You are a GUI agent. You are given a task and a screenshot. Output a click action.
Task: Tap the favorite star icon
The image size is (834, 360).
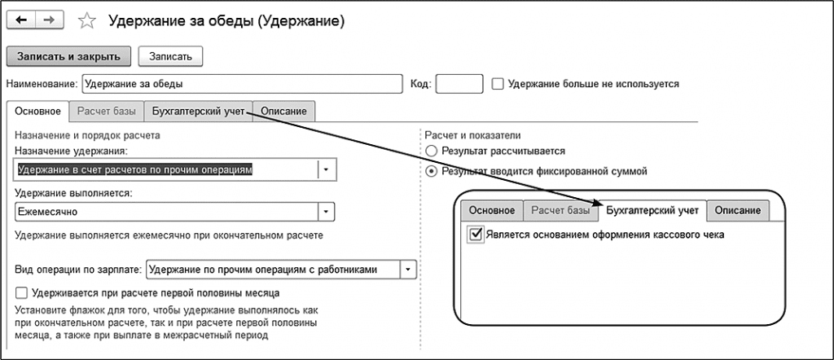pyautogui.click(x=85, y=21)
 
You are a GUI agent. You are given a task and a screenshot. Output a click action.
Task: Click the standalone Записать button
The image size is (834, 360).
pyautogui.click(x=170, y=56)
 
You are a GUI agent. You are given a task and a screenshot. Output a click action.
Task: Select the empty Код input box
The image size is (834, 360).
pyautogui.click(x=459, y=83)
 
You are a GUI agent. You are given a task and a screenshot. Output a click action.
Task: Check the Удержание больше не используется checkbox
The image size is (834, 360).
pyautogui.click(x=498, y=83)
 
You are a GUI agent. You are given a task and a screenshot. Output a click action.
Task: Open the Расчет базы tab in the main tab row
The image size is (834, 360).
pyautogui.click(x=105, y=111)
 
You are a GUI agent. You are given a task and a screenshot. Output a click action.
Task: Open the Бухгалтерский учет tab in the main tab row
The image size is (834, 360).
pyautogui.click(x=198, y=111)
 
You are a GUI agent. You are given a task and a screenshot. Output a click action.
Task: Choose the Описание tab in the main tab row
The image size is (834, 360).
pyautogui.click(x=284, y=111)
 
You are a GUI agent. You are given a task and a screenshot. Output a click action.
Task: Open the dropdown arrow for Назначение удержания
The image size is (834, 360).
pyautogui.click(x=326, y=169)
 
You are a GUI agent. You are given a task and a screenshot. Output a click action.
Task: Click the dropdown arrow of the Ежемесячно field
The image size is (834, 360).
pyautogui.click(x=326, y=212)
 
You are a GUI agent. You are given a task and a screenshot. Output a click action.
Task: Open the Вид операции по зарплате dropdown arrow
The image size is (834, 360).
pyautogui.click(x=408, y=269)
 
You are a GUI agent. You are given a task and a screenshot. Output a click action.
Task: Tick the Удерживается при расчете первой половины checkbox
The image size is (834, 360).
pyautogui.click(x=21, y=292)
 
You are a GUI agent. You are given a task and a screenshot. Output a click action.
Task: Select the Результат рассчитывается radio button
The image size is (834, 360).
pyautogui.click(x=431, y=151)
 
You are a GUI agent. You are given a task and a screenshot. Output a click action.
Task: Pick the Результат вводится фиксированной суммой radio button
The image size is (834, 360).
pyautogui.click(x=431, y=172)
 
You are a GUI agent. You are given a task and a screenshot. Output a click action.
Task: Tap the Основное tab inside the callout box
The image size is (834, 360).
pyautogui.click(x=491, y=210)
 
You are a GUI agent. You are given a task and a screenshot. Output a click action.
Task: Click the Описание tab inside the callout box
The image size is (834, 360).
pyautogui.click(x=738, y=210)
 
